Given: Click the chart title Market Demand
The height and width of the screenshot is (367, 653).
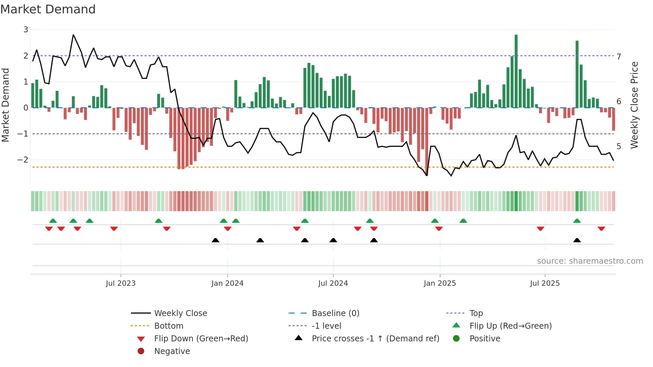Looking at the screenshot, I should point(48,9).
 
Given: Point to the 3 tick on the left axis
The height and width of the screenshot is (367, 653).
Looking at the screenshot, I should point(26,30).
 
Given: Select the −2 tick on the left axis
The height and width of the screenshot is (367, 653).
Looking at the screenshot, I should point(23,160).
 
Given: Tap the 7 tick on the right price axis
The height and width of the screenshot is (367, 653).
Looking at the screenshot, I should point(619,57).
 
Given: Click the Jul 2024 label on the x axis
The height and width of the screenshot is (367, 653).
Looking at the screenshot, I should point(333,283).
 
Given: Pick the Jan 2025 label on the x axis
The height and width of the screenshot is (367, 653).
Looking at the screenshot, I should point(440,283).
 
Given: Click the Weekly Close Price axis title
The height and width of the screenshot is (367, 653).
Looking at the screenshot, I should point(635,105).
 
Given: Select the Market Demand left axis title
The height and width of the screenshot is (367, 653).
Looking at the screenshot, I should point(6,105).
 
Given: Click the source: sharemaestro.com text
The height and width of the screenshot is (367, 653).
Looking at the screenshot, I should point(590,261).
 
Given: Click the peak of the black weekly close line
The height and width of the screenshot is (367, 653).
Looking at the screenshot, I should point(73,35).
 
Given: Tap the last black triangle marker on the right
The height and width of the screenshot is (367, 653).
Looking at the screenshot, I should point(577,240).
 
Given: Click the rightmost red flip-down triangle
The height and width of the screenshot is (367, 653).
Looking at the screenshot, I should point(601,229).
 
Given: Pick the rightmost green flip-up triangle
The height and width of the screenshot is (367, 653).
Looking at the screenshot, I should point(577,221).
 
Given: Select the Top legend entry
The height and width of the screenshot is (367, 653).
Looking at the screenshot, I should point(476,313).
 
